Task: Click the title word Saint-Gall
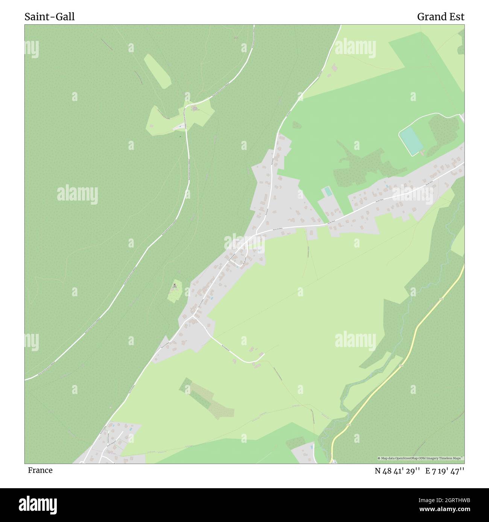[50, 17]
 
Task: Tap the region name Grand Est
[440, 17]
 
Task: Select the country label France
[40, 471]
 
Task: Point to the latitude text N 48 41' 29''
[397, 471]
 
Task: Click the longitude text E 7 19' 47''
[445, 471]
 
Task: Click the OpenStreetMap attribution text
[421, 458]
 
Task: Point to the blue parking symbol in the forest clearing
[180, 127]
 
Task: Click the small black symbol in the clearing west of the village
[175, 285]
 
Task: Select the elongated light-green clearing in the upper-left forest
[157, 71]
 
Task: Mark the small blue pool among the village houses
[211, 298]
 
